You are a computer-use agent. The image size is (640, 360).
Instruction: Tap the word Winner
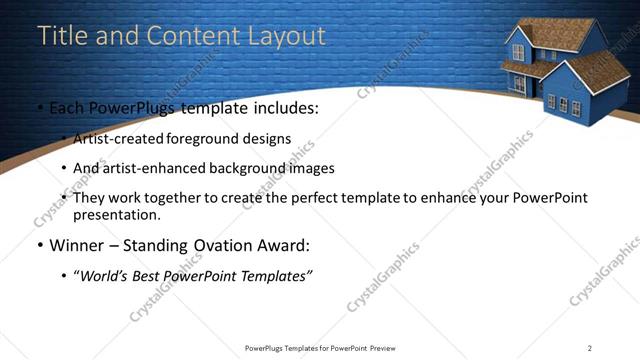click(x=77, y=245)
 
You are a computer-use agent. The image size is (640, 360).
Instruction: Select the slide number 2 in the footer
click(x=590, y=348)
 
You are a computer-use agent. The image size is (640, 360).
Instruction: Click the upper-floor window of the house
click(x=519, y=51)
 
